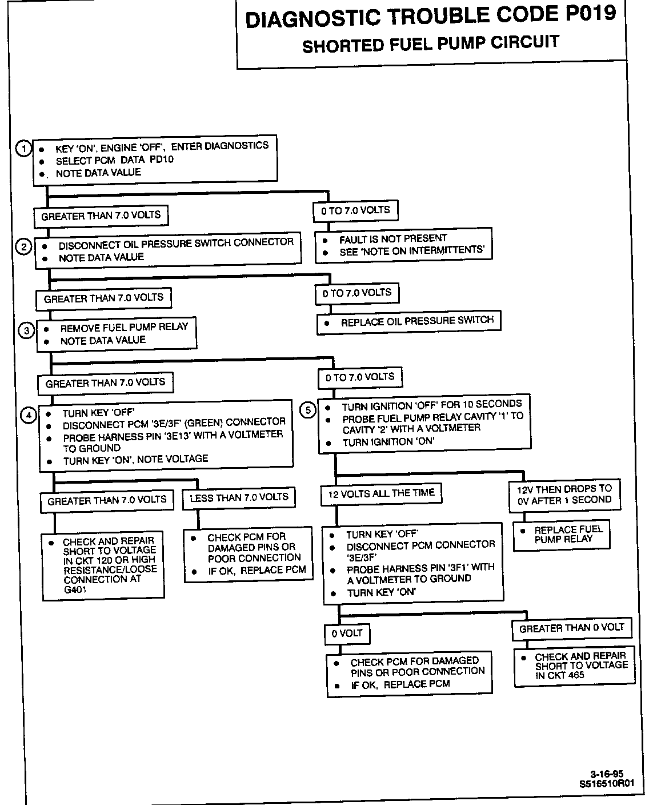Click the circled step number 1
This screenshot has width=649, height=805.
click(23, 149)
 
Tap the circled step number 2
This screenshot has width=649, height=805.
click(23, 247)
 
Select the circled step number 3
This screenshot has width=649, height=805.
click(26, 331)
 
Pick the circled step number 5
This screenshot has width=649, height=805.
click(308, 410)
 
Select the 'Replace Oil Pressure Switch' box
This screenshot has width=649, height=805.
click(408, 322)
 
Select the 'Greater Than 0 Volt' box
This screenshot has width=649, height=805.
click(571, 628)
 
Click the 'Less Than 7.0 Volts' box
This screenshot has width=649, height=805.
click(239, 498)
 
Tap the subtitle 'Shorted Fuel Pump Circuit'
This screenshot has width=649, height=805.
click(430, 44)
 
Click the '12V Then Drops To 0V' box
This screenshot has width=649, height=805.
click(564, 495)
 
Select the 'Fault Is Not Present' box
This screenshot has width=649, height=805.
click(403, 245)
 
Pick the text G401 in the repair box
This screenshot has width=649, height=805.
click(75, 589)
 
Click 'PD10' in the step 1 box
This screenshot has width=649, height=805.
click(162, 160)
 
